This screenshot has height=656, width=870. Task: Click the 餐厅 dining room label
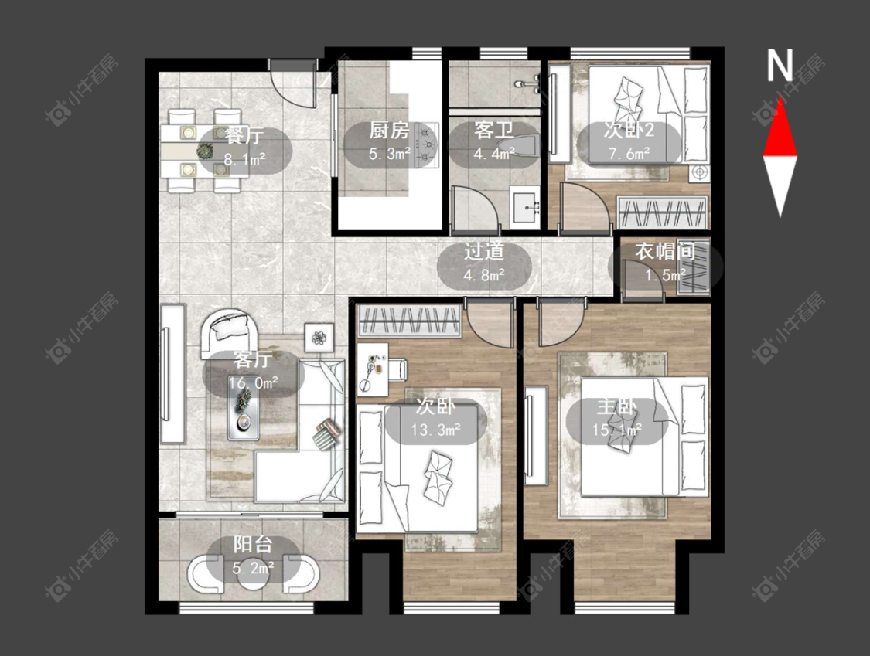point(244,134)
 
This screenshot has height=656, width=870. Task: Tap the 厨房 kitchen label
point(390,131)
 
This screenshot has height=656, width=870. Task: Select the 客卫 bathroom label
point(493,131)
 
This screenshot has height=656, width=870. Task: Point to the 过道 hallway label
point(484,252)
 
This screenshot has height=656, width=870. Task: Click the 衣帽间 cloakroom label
point(665,252)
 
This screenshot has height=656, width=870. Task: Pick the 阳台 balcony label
point(252,545)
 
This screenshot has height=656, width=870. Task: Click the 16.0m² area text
point(254,382)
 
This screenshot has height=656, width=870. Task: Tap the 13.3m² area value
point(435,430)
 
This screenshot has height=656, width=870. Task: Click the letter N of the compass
point(780,66)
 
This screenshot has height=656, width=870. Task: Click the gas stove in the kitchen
point(426,145)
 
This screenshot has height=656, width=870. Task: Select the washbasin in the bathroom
point(524,209)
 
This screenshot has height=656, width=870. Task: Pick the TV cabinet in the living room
point(172,373)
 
